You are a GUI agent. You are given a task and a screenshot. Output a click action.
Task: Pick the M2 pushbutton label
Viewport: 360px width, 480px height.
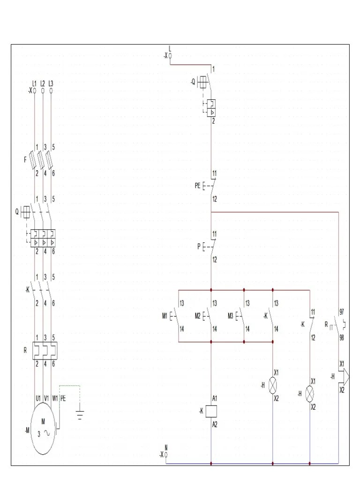click(x=198, y=316)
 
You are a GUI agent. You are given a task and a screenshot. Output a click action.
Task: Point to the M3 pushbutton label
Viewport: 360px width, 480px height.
click(x=231, y=316)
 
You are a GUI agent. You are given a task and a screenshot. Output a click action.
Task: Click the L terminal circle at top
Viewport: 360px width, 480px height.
click(x=170, y=56)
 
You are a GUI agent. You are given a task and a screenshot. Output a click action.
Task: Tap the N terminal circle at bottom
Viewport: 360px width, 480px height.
click(x=166, y=454)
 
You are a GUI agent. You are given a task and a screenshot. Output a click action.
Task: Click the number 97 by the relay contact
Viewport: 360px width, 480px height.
click(x=342, y=311)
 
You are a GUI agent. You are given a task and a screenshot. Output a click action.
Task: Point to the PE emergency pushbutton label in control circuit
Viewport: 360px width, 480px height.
click(x=198, y=186)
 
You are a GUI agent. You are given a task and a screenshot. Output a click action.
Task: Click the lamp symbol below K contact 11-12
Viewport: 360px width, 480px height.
click(x=309, y=394)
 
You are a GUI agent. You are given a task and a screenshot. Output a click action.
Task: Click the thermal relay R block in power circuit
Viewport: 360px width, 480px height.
click(x=44, y=350)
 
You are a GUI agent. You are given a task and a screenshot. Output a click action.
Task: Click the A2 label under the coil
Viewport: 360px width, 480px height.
click(x=215, y=425)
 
